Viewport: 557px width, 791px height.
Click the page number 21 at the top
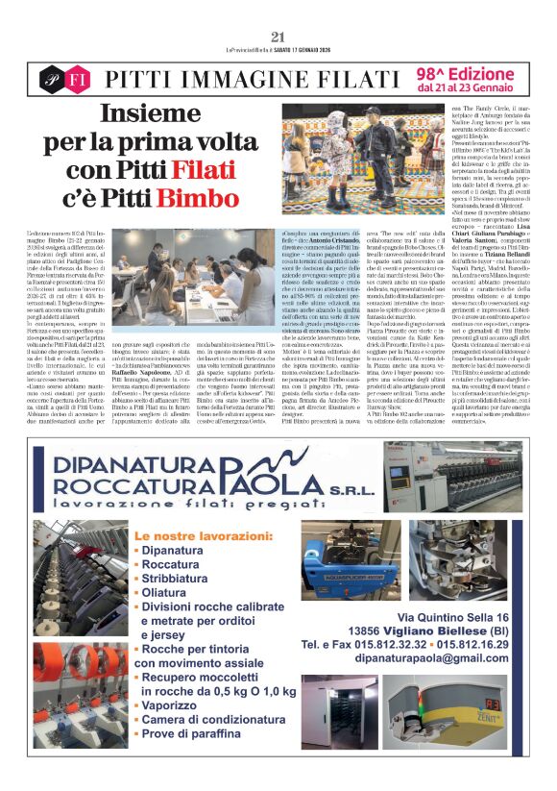pos(278,37)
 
